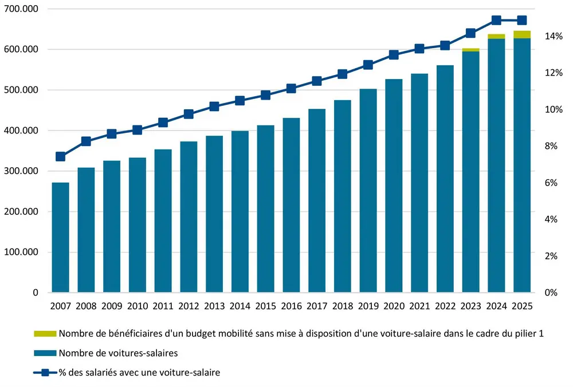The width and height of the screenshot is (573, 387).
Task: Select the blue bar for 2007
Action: [60, 238]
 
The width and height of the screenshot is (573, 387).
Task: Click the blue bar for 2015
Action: [266, 209]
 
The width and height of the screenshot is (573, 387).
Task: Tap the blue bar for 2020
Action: [394, 186]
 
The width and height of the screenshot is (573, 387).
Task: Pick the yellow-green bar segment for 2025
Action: [521, 34]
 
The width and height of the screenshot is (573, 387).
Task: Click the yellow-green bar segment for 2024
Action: [496, 37]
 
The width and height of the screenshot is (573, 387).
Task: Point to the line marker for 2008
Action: [86, 141]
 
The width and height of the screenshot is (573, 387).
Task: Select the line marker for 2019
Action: [368, 65]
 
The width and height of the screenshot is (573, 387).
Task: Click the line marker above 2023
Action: [470, 33]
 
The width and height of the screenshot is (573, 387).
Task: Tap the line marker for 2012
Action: [189, 114]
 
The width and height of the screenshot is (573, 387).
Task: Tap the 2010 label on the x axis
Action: [137, 306]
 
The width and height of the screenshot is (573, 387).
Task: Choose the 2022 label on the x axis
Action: [445, 306]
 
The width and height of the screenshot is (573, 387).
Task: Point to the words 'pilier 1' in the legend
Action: [527, 334]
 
